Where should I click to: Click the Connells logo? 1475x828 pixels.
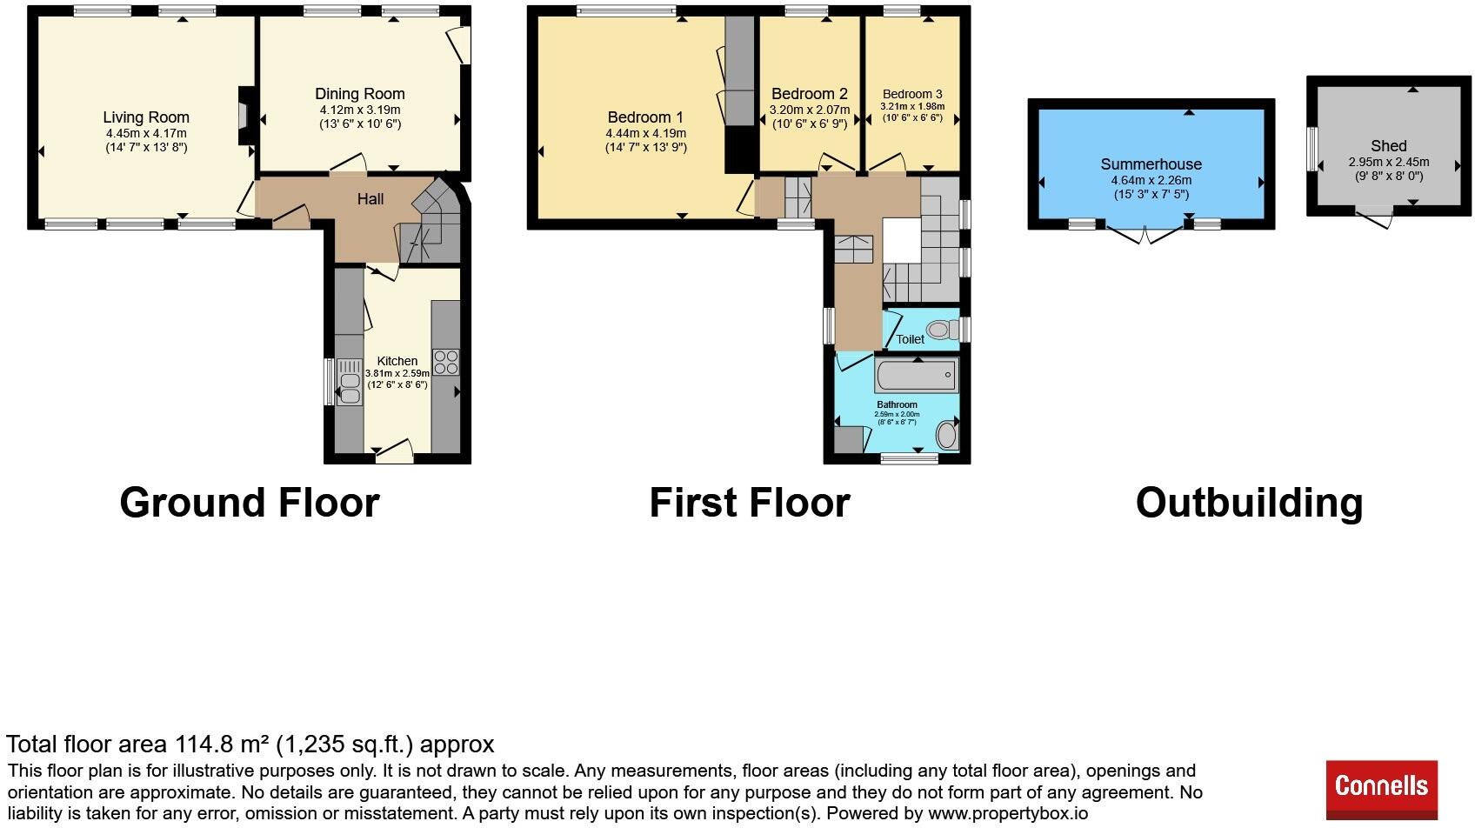[x=1381, y=789]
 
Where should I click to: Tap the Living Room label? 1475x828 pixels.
[x=146, y=117]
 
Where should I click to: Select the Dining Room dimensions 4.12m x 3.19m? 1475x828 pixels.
[x=360, y=110]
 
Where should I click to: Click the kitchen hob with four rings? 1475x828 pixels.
[x=446, y=362]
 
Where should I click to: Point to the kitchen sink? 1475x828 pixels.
[x=350, y=382]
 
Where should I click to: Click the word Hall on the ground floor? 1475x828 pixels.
[x=370, y=199]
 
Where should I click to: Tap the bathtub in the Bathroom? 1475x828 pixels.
[x=916, y=375]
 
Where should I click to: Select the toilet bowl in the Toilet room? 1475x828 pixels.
[x=943, y=329]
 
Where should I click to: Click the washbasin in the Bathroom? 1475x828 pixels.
[x=948, y=436]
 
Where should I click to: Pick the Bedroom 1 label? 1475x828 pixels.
[x=645, y=117]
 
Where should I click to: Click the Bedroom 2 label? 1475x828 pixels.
[x=810, y=94]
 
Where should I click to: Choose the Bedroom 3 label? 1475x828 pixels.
[x=912, y=94]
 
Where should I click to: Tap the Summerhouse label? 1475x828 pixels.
[x=1151, y=164]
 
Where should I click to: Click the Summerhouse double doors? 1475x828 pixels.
[x=1146, y=235]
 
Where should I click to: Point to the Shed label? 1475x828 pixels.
[x=1389, y=145]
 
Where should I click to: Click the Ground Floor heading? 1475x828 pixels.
[x=250, y=503]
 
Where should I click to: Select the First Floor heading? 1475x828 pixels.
[x=750, y=503]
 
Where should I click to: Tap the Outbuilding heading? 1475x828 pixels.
[x=1249, y=503]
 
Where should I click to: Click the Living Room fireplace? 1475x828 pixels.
[x=245, y=116]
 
